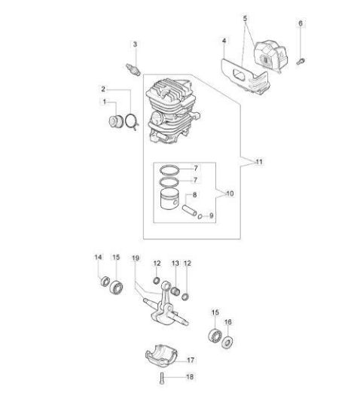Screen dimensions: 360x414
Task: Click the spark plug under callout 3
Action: (133, 70)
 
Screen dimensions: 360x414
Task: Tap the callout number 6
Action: (301, 23)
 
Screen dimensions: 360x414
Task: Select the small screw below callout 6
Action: (301, 61)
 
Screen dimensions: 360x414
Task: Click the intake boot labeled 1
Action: (116, 122)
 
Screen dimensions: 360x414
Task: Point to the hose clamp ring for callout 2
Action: (132, 121)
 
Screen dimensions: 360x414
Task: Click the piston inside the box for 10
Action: (169, 199)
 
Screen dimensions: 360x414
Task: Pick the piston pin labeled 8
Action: (189, 210)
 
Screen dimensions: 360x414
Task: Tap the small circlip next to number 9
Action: (200, 217)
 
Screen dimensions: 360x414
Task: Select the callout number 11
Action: (259, 162)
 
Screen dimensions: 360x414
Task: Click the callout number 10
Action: (230, 193)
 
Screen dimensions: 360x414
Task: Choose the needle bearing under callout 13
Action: (175, 291)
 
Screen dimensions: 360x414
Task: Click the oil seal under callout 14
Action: (105, 281)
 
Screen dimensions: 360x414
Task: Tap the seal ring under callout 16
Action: (227, 342)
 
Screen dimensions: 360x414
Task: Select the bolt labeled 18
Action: (162, 379)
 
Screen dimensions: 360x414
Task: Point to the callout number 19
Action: (136, 258)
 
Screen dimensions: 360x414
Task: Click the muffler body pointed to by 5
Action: (270, 56)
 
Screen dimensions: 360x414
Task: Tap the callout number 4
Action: (224, 41)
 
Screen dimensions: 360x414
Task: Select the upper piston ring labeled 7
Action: (169, 169)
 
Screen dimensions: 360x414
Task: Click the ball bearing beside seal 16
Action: (215, 336)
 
